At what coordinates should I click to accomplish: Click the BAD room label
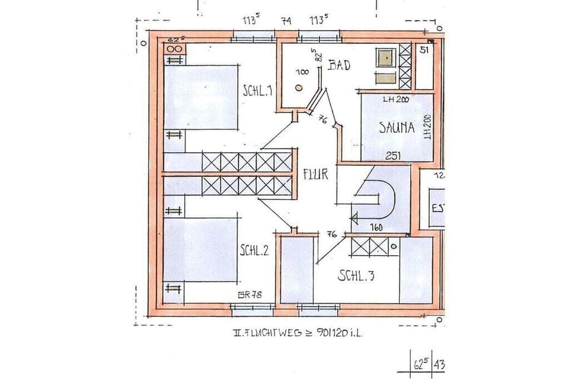click(339, 65)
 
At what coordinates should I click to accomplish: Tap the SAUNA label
click(397, 127)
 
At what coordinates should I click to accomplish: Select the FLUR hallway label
click(315, 175)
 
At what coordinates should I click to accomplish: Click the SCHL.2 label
click(254, 250)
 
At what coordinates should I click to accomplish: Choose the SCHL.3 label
click(356, 276)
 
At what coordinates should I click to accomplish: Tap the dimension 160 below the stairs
click(375, 227)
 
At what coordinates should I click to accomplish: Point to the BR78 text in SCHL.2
click(250, 296)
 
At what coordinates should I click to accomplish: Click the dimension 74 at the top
click(286, 21)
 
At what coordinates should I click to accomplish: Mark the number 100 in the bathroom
click(302, 72)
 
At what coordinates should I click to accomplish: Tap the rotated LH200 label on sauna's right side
click(427, 126)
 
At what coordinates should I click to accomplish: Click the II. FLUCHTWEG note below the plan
click(296, 333)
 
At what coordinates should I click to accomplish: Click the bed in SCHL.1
click(202, 97)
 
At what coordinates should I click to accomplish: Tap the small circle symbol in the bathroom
click(298, 88)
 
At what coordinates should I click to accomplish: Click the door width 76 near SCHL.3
click(332, 235)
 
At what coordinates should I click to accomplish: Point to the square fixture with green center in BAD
click(386, 57)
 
